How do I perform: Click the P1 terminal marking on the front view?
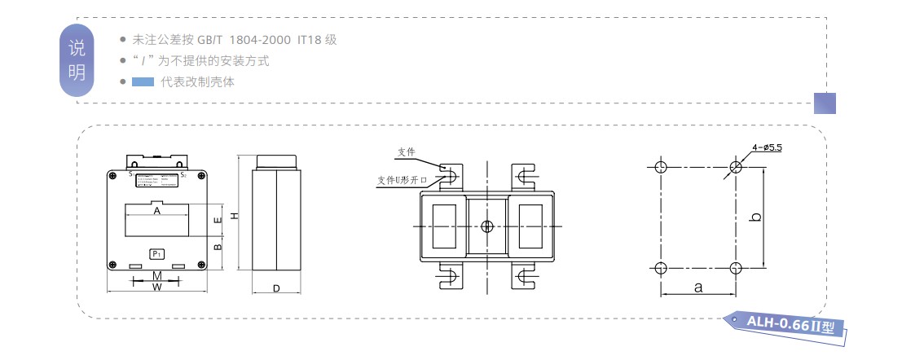pyautogui.click(x=156, y=254)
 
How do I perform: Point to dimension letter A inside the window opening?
pyautogui.click(x=156, y=211)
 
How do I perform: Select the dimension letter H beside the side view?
pyautogui.click(x=234, y=216)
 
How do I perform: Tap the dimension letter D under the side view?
pyautogui.click(x=276, y=288)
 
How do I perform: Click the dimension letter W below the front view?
pyautogui.click(x=156, y=287)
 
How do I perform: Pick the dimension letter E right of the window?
pyautogui.click(x=217, y=220)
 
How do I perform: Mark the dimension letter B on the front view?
pyautogui.click(x=217, y=246)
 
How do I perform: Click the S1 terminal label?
pyautogui.click(x=131, y=173)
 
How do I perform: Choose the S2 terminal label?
pyautogui.click(x=183, y=174)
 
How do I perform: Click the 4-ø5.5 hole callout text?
pyautogui.click(x=768, y=147)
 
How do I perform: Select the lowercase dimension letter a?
pyautogui.click(x=698, y=288)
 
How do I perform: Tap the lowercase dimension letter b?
pyautogui.click(x=756, y=217)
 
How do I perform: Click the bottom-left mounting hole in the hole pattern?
pyautogui.click(x=661, y=268)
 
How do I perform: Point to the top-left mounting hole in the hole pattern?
pyautogui.click(x=661, y=168)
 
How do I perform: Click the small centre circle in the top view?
pyautogui.click(x=486, y=226)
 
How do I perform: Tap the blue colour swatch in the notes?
pyautogui.click(x=143, y=81)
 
